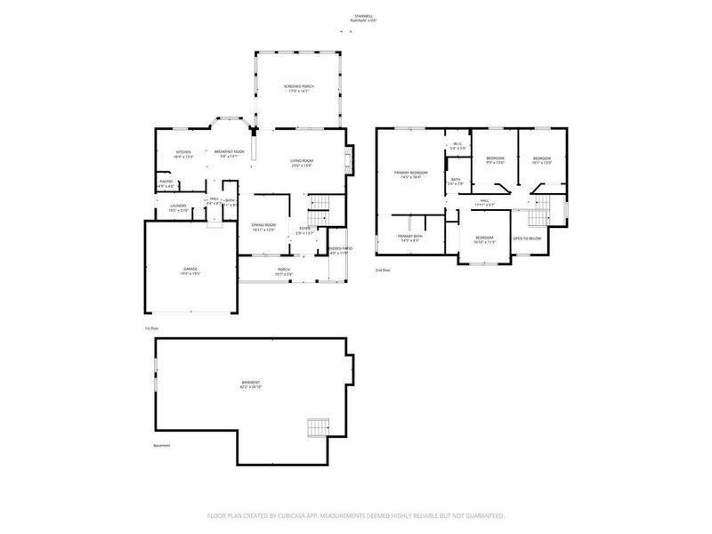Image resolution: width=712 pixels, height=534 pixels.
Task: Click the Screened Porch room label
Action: (x=298, y=86)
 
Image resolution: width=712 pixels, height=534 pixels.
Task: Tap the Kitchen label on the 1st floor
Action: (x=183, y=152)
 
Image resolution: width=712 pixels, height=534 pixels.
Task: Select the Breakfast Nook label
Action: (x=230, y=152)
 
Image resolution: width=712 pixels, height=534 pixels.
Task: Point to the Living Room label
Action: (x=302, y=160)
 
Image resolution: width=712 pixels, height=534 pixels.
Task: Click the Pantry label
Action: (x=166, y=182)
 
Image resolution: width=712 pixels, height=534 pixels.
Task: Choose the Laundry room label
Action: (x=178, y=206)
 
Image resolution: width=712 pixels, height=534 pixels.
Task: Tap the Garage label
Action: (x=190, y=268)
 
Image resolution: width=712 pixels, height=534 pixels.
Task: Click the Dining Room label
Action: (x=263, y=225)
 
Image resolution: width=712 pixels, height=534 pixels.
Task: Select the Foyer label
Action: (x=304, y=230)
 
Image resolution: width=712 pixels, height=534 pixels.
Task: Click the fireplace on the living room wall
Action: (x=350, y=158)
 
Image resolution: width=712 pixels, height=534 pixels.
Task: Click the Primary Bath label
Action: (x=410, y=236)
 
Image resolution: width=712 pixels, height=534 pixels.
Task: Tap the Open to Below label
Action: (x=528, y=239)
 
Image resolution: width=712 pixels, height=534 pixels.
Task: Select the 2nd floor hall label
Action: (x=485, y=200)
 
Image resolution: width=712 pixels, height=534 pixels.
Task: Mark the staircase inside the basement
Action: (x=318, y=427)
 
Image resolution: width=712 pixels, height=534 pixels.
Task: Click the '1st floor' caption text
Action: (x=151, y=328)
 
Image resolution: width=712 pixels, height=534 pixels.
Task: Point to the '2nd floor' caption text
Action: (x=383, y=269)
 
